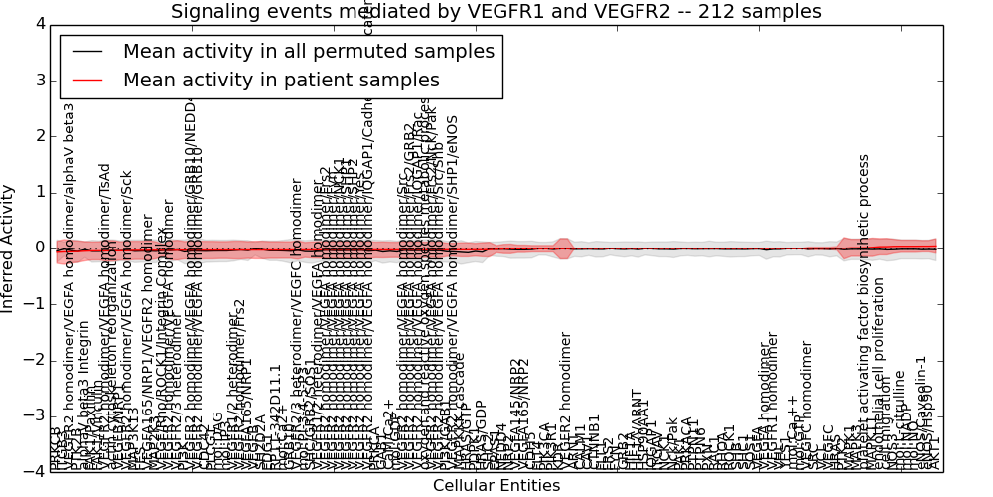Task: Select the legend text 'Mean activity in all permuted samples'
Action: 309,51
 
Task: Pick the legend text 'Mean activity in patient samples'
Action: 281,81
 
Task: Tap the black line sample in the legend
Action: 88,52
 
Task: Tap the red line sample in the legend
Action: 88,81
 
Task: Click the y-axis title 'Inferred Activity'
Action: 9,248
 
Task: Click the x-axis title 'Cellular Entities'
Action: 496,485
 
